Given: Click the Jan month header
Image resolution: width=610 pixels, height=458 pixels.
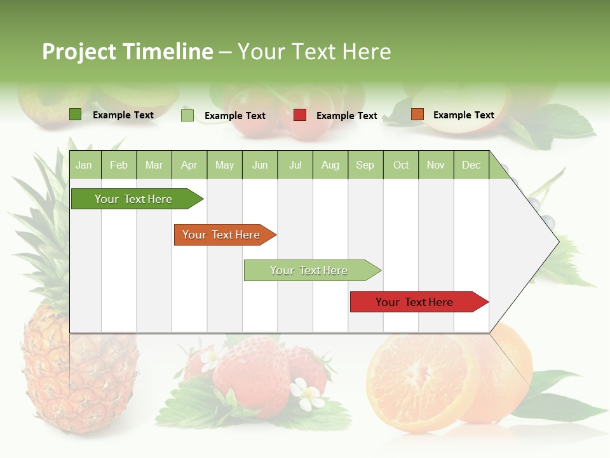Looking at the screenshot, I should coord(84,165).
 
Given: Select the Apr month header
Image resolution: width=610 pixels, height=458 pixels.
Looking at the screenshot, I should coord(189,165).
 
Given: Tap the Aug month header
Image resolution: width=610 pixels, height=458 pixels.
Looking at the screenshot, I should coord(330,165).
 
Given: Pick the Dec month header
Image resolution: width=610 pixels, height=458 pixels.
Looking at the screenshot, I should coord(471,165).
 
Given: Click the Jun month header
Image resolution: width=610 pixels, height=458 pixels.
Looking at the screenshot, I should coord(259,165).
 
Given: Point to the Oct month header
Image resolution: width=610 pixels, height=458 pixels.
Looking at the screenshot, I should coord(400,165).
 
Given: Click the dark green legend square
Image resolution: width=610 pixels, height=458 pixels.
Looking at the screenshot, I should coord(75,114).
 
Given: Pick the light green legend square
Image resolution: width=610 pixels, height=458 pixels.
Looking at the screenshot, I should coord(187,115).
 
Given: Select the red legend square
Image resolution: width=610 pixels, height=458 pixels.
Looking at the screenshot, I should coord(300,115).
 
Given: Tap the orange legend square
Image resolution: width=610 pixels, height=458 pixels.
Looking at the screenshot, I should coord(417,114).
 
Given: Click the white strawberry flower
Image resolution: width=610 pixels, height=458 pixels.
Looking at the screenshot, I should coord(309,395).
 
